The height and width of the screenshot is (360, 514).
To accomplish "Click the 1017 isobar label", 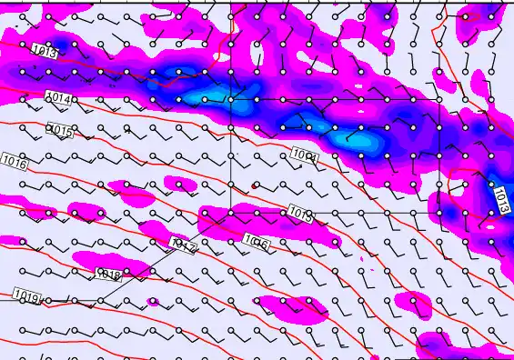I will [x=183, y=245].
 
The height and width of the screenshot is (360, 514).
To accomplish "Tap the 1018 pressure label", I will [x=108, y=274].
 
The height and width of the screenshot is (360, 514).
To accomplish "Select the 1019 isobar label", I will [x=26, y=296].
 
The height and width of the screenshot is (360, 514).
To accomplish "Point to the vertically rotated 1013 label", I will [x=501, y=200].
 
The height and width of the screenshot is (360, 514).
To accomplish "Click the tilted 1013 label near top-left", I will [x=45, y=51].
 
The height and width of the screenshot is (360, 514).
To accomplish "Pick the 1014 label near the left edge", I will [x=58, y=97].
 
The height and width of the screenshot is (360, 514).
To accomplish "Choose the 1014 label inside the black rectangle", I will [x=305, y=155].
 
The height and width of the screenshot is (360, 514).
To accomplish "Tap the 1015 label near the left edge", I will [x=59, y=131].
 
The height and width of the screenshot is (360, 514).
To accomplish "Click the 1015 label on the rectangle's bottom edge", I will [x=300, y=214].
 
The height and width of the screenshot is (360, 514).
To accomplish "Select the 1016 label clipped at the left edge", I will [x=14, y=162].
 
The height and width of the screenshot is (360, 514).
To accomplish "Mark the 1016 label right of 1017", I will [x=257, y=242].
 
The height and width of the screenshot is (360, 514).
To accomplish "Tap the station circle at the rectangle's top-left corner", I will [x=231, y=98].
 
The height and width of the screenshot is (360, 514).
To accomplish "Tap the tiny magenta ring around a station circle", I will [x=152, y=301].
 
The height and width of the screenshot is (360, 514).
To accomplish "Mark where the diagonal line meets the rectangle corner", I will [x=231, y=212].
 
